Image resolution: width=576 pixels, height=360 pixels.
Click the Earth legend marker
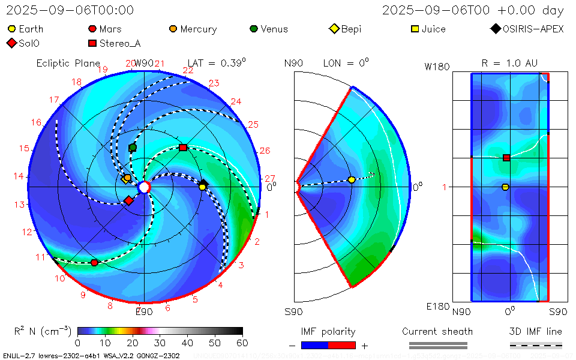(x=12, y=29)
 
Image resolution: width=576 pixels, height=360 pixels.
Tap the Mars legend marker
(x=92, y=29)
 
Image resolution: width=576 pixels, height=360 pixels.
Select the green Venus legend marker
(x=254, y=29)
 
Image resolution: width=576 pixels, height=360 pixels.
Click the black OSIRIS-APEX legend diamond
(x=495, y=29)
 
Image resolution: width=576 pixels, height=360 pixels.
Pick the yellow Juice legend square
(x=415, y=29)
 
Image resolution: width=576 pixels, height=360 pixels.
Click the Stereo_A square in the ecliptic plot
(x=183, y=147)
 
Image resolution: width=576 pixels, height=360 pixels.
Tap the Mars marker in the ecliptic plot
(x=94, y=263)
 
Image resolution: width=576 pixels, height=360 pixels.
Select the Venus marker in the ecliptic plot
(x=133, y=148)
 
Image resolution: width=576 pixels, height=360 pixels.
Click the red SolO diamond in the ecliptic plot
(x=128, y=200)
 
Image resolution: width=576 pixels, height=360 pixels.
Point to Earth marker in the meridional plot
(x=352, y=180)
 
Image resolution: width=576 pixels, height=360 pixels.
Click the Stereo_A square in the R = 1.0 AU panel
(x=506, y=158)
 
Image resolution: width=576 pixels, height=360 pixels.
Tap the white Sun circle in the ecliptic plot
(x=144, y=188)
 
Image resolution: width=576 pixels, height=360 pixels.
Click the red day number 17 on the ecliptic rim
(x=55, y=100)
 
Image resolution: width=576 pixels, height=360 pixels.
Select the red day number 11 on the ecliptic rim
(x=40, y=257)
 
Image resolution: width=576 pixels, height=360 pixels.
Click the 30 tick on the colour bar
(x=160, y=343)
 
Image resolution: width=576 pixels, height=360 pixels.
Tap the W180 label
(x=437, y=67)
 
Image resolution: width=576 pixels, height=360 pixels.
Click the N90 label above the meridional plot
(x=293, y=63)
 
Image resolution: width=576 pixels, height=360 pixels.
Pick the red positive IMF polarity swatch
(x=342, y=345)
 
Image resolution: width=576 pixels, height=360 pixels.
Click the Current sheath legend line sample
(x=437, y=345)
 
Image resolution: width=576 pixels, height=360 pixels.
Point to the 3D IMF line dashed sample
(x=536, y=345)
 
